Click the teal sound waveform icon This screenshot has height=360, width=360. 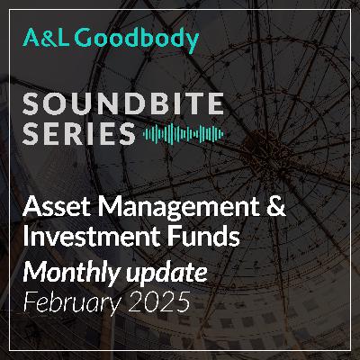[x=184, y=134]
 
